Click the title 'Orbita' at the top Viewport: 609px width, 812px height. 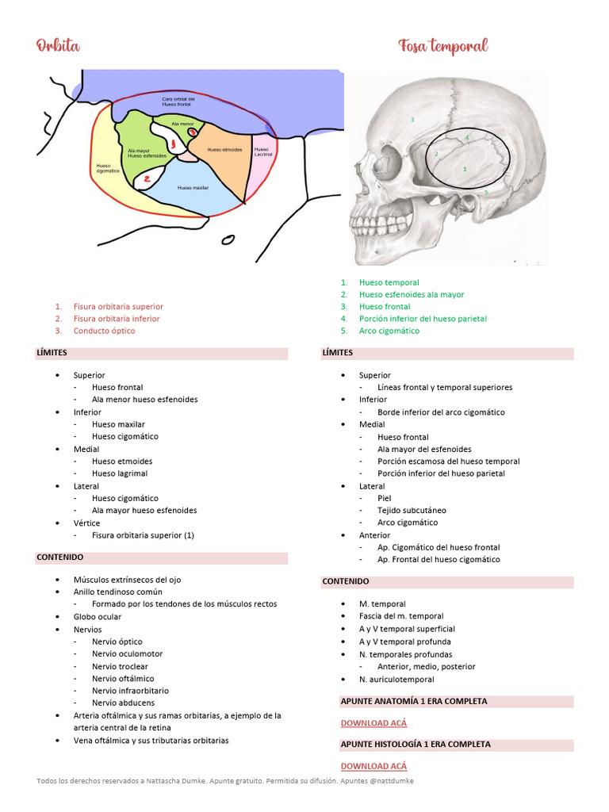58,45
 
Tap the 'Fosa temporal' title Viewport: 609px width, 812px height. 442,46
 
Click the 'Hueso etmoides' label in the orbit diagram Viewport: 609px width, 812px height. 224,149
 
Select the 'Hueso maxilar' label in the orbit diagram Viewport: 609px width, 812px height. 193,188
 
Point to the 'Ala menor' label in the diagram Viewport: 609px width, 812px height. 182,124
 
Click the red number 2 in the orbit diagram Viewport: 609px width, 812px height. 147,179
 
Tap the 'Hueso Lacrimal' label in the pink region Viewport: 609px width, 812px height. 262,151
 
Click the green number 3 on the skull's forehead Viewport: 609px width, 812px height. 412,120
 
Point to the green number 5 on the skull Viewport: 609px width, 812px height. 486,193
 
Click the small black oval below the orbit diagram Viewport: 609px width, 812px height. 228,239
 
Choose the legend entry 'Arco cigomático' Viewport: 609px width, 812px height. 389,331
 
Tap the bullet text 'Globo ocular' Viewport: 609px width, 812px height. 98,616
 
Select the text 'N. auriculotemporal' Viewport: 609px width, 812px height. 396,680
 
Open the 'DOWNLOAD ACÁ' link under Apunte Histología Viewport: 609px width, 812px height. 373,766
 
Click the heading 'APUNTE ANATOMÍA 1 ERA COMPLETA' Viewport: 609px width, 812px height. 414,701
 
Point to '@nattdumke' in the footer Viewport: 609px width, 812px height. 394,781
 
